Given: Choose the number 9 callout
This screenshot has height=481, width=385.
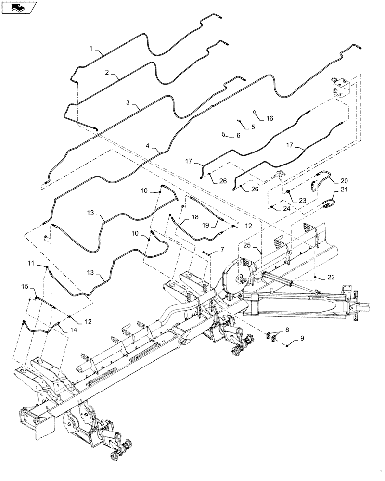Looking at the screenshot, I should tap(302, 339).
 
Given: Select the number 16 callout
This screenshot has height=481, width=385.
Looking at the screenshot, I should tap(269, 118).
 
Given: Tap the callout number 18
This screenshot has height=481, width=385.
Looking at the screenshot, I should tap(194, 217).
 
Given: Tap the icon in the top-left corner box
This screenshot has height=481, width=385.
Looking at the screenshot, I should tap(19, 8).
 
